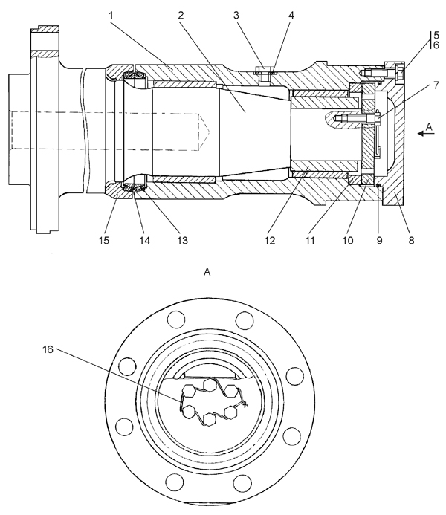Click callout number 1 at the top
(x=111, y=16)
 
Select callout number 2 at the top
(x=181, y=16)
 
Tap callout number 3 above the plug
(x=236, y=16)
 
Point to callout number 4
(x=291, y=16)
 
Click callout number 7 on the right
(x=436, y=85)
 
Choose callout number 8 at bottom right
(x=411, y=241)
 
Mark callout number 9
(x=379, y=241)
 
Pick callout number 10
(x=348, y=241)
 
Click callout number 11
(x=310, y=241)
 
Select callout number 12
(x=270, y=241)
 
